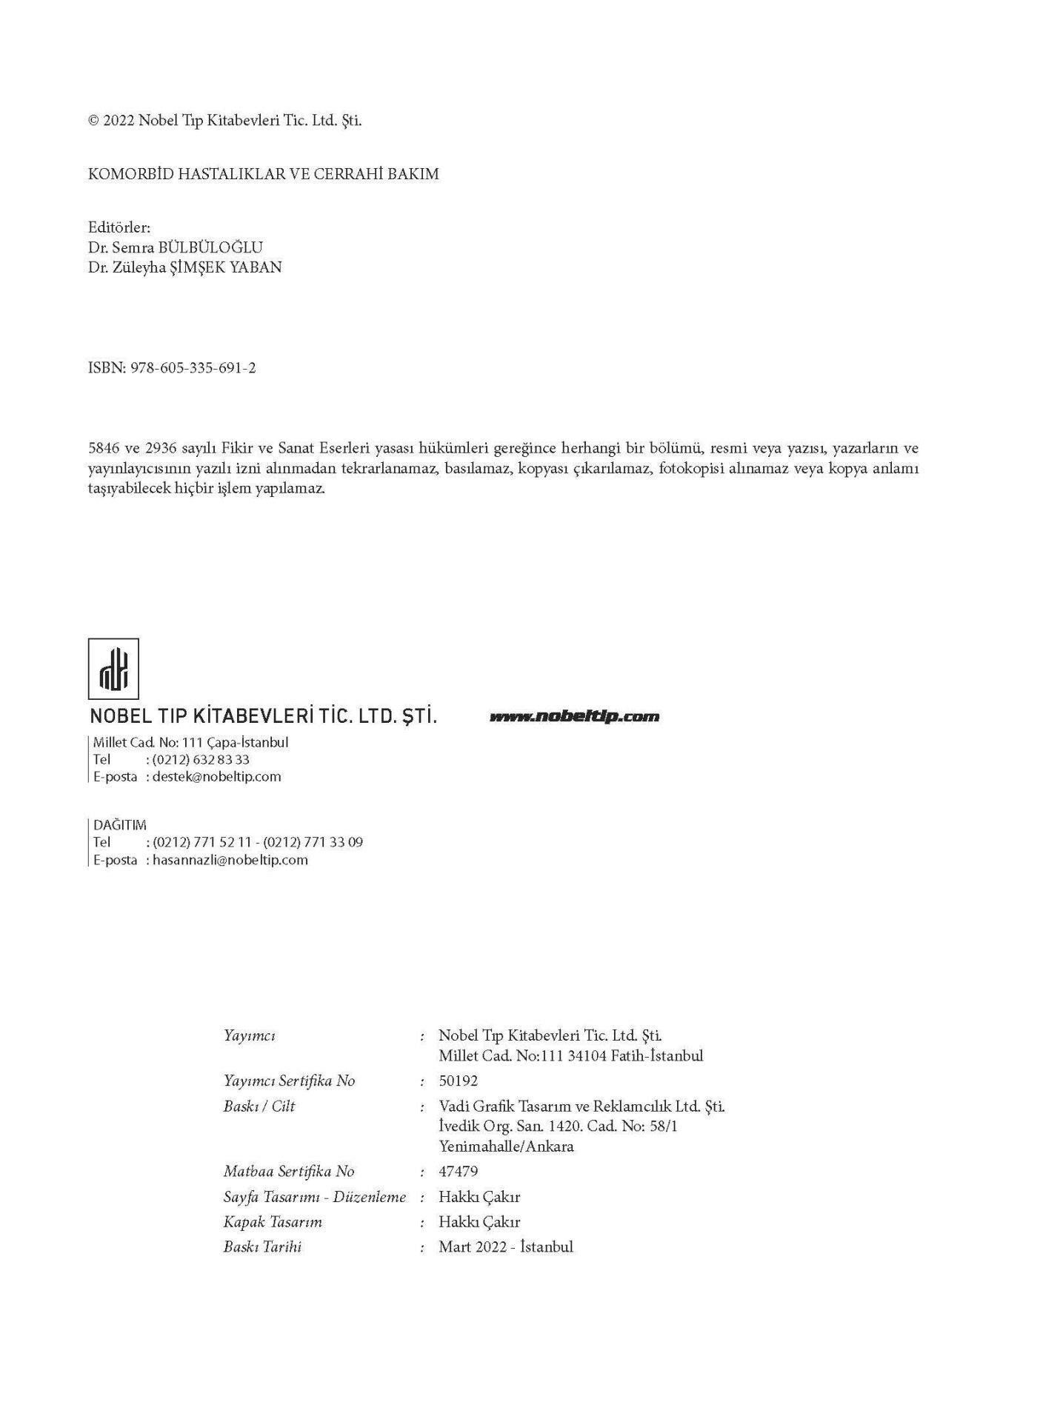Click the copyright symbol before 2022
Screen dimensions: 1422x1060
click(x=93, y=121)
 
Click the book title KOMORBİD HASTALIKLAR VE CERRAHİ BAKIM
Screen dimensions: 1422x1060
click(x=263, y=174)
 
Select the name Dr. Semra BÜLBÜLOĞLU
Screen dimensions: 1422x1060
click(x=175, y=247)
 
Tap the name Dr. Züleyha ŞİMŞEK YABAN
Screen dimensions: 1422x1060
click(x=184, y=267)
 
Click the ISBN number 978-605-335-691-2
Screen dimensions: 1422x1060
click(x=193, y=368)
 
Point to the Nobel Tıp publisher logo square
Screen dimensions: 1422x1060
click(x=113, y=669)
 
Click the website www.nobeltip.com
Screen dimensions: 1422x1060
click(x=574, y=716)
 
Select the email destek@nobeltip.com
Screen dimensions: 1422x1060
click(x=216, y=776)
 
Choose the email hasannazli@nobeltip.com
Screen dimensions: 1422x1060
click(x=230, y=860)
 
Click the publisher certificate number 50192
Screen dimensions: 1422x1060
click(x=458, y=1081)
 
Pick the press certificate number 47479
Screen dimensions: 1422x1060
click(x=458, y=1171)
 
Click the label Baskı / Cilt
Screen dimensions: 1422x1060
click(x=259, y=1106)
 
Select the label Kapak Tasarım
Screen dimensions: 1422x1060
click(x=273, y=1221)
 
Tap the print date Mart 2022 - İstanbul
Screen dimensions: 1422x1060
click(x=505, y=1246)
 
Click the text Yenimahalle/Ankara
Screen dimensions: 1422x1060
click(x=506, y=1146)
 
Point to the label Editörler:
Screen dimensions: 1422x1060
click(x=119, y=227)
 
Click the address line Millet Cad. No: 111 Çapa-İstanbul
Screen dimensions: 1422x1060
click(x=190, y=742)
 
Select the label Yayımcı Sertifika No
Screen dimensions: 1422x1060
click(x=289, y=1081)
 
